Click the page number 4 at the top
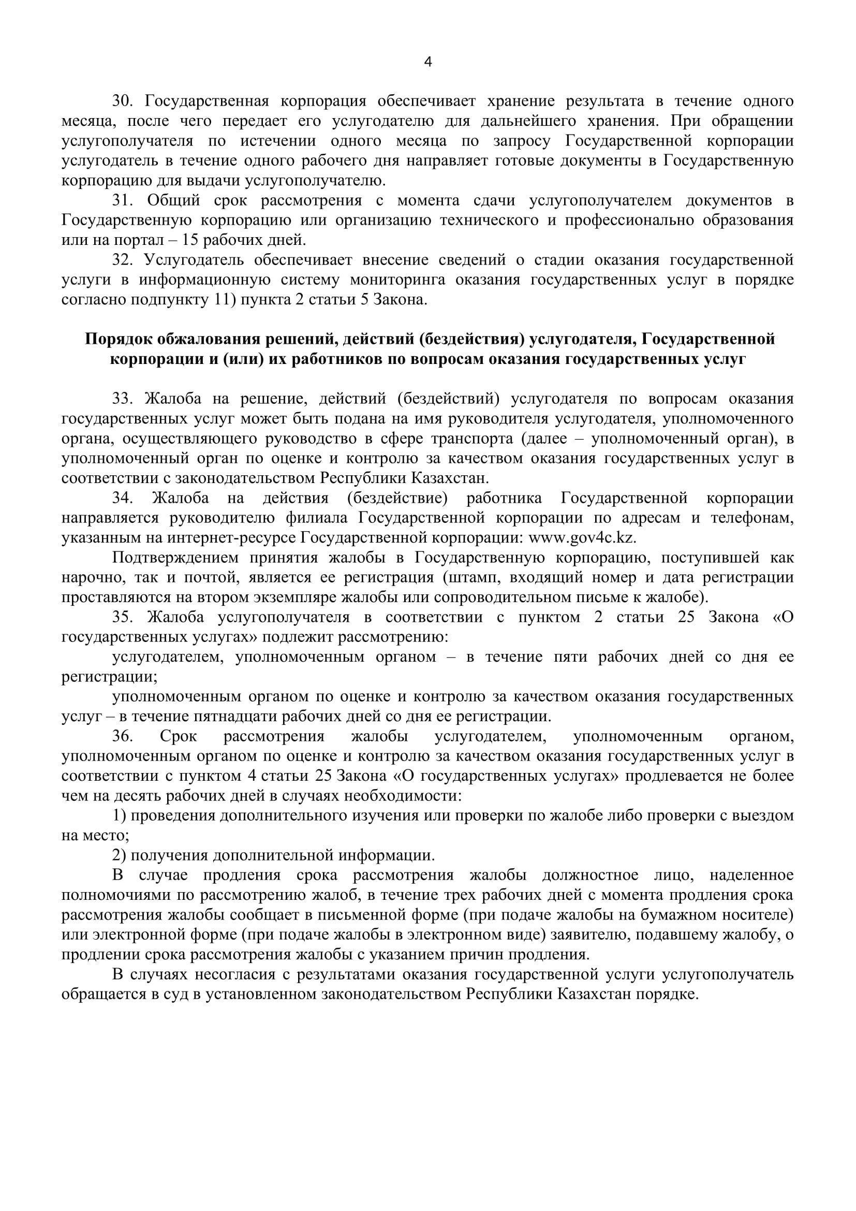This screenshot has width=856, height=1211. pos(427,62)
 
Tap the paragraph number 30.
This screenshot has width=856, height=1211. pos(123,101)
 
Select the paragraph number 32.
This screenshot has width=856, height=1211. pos(123,260)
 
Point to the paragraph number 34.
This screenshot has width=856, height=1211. pos(123,498)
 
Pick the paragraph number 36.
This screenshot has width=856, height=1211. pos(123,736)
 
